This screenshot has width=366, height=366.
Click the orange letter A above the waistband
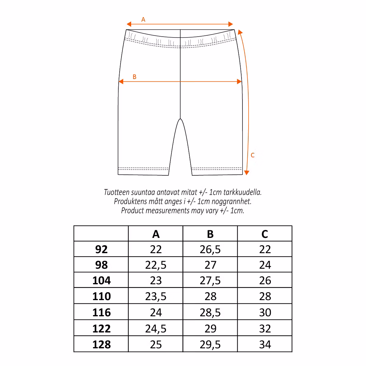tap(143, 20)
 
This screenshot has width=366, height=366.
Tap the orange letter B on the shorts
tap(135, 77)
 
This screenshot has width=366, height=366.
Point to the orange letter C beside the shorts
tap(253, 155)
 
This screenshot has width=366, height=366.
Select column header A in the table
tap(156, 234)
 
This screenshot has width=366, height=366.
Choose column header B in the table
tap(210, 234)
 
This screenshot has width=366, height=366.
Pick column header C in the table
tap(265, 234)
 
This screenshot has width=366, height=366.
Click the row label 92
tap(101, 249)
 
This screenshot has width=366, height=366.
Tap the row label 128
tap(101, 345)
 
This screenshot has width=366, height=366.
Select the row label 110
tap(101, 296)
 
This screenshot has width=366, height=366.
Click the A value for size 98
tap(156, 265)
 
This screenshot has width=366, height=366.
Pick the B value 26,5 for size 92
tap(210, 249)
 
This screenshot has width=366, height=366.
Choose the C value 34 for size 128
tap(265, 345)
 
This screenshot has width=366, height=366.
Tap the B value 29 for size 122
tap(210, 328)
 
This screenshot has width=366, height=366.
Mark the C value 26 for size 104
tap(265, 281)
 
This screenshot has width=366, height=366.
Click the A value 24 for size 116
tap(156, 312)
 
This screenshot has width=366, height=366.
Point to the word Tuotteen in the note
tap(117, 192)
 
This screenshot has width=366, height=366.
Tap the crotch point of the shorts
tap(181, 119)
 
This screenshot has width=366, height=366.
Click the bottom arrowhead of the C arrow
tap(247, 173)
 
